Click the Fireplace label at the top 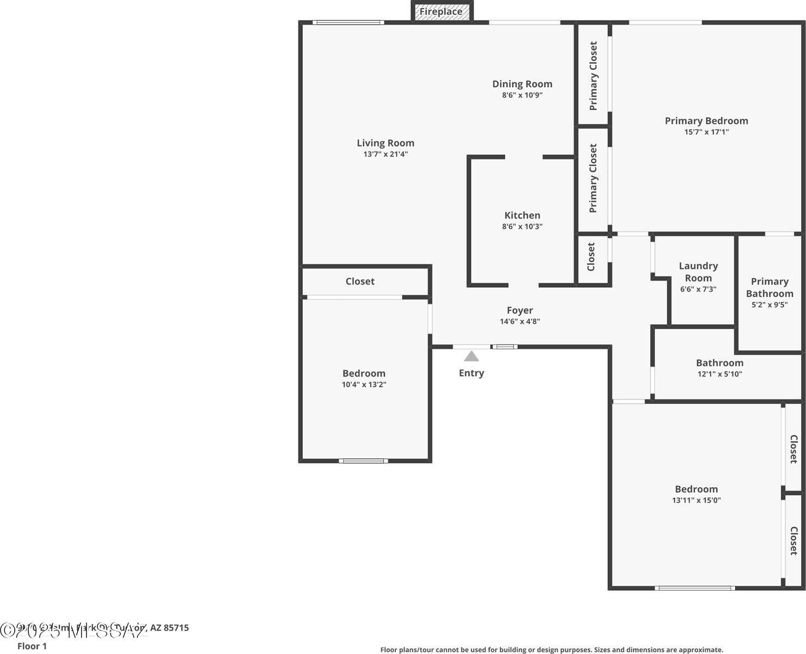pyautogui.click(x=441, y=11)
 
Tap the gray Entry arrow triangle pyautogui.click(x=471, y=356)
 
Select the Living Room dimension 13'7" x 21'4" pyautogui.click(x=386, y=154)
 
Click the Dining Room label pyautogui.click(x=522, y=84)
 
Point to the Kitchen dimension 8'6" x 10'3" pyautogui.click(x=522, y=227)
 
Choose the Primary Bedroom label pyautogui.click(x=706, y=121)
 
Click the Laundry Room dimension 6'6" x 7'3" pyautogui.click(x=698, y=289)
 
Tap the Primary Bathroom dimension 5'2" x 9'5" pyautogui.click(x=770, y=305)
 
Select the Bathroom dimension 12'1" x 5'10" pyautogui.click(x=719, y=374)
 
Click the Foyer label pyautogui.click(x=520, y=311)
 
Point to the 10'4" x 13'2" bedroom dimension pyautogui.click(x=364, y=385)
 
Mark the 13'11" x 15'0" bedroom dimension pyautogui.click(x=696, y=500)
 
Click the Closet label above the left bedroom pyautogui.click(x=360, y=281)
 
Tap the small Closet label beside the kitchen pyautogui.click(x=591, y=257)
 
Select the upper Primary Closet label pyautogui.click(x=594, y=76)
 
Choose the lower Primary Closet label pyautogui.click(x=594, y=178)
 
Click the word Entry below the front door pyautogui.click(x=471, y=373)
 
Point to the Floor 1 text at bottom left pyautogui.click(x=32, y=646)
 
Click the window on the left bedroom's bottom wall pyautogui.click(x=364, y=461)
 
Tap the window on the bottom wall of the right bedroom pyautogui.click(x=694, y=588)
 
